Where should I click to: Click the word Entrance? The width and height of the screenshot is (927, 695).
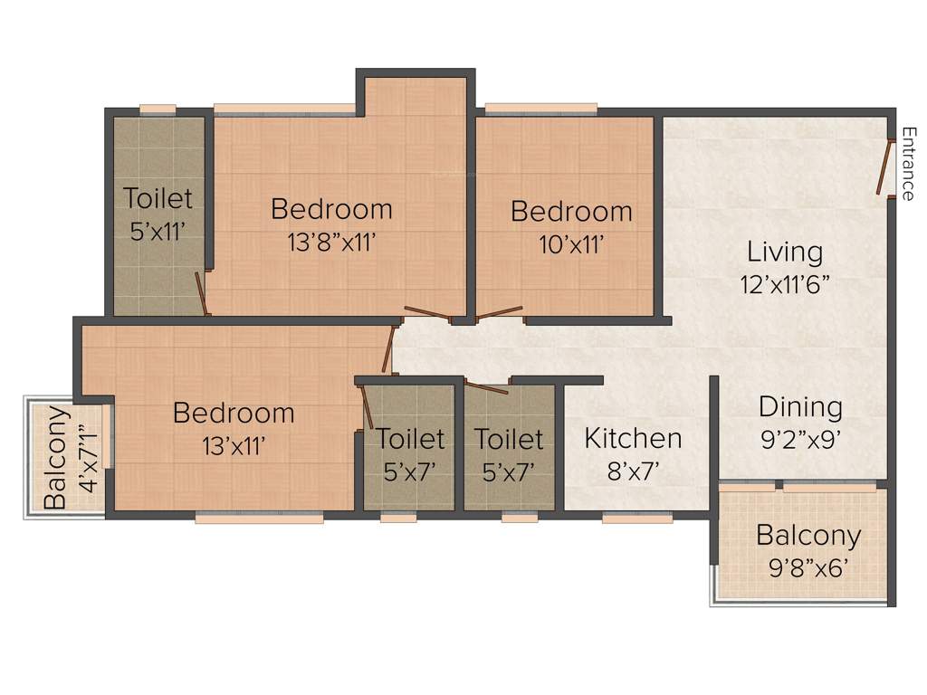pyautogui.click(x=908, y=164)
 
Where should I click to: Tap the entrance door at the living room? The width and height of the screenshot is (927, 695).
pyautogui.click(x=883, y=166)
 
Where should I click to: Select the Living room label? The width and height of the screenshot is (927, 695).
pyautogui.click(x=784, y=251)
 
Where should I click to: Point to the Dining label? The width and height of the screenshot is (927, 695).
pyautogui.click(x=800, y=407)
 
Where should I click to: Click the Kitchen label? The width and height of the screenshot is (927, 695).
pyautogui.click(x=633, y=439)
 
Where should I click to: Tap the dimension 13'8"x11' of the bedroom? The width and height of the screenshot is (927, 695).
pyautogui.click(x=331, y=242)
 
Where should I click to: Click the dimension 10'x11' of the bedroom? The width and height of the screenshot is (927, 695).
pyautogui.click(x=570, y=243)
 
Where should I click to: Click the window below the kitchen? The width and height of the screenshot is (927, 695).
pyautogui.click(x=637, y=519)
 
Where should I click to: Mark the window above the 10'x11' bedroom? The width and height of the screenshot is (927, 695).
pyautogui.click(x=540, y=109)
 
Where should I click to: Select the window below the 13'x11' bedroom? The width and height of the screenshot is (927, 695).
pyautogui.click(x=259, y=519)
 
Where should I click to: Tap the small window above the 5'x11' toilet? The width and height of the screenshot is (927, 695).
pyautogui.click(x=158, y=109)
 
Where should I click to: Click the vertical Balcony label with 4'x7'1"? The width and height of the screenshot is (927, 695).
pyautogui.click(x=56, y=457)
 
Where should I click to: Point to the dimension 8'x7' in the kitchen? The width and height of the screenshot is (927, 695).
pyautogui.click(x=633, y=470)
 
